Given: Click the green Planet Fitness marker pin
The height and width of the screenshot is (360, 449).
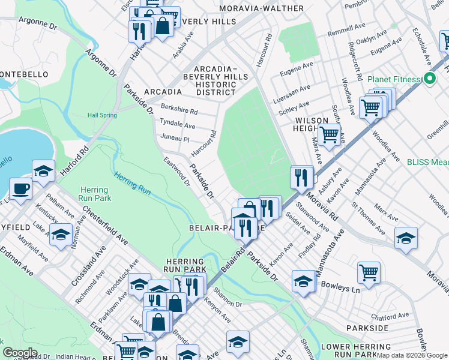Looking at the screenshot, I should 430,79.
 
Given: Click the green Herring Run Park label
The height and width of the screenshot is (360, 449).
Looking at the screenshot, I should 94,194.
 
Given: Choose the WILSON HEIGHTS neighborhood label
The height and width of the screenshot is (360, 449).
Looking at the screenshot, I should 316,124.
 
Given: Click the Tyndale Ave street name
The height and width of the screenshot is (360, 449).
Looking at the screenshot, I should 178,124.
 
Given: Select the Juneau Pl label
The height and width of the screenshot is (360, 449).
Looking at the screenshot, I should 175,139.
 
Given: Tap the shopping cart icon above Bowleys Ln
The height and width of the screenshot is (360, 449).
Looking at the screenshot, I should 369,272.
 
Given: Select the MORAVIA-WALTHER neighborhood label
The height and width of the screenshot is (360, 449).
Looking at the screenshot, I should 261,8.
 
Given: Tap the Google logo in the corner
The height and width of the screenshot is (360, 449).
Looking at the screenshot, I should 20,353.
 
